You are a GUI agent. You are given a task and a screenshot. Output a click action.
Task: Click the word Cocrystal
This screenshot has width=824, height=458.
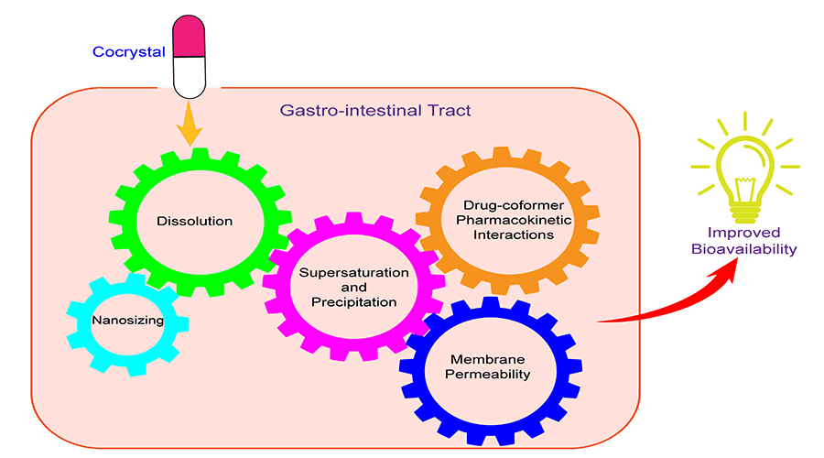129,51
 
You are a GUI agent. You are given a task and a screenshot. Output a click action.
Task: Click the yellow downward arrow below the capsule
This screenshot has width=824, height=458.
190,125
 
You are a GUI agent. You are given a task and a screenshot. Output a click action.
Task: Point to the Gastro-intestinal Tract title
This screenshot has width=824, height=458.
374,111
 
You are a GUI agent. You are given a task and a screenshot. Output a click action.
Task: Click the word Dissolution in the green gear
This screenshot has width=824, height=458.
194,221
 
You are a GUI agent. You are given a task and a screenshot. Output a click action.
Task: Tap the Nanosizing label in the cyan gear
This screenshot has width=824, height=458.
127,321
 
